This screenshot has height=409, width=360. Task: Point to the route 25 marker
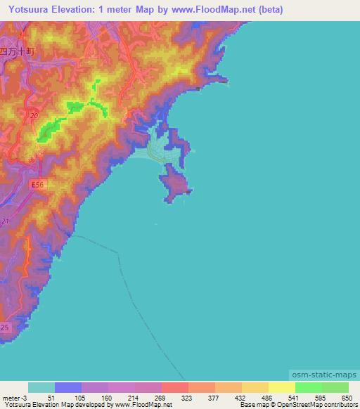click(x=5, y=328)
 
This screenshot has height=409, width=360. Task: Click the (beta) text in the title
click(x=269, y=9)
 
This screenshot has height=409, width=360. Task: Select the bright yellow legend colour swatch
click(x=282, y=387)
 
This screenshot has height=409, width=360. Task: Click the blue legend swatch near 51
click(x=68, y=387)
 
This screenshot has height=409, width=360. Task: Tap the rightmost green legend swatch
click(x=335, y=387)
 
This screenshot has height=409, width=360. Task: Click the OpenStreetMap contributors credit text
click(x=319, y=405)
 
